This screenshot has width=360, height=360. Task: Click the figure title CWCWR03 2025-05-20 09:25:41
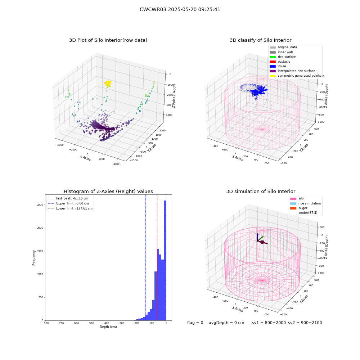coord(180,10)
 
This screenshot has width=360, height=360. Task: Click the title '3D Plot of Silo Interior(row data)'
coord(108,40)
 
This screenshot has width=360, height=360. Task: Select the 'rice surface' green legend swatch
coord(273,57)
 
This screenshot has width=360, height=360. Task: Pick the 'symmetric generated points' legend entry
coord(295,76)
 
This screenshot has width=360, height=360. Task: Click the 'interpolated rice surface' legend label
coord(296,71)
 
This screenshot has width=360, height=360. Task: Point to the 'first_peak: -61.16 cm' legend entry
coord(68,198)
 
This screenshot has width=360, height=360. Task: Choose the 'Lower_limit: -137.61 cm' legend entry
coord(70,208)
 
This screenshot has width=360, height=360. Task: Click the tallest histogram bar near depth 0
coord(165,260)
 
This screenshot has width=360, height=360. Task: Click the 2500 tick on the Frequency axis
coord(40,204)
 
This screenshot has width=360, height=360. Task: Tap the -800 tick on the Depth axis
coord(45,323)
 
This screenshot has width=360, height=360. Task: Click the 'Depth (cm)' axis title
coord(108,327)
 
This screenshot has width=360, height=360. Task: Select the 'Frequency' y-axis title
coord(34,258)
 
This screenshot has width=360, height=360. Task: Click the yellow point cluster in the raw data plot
coord(108,84)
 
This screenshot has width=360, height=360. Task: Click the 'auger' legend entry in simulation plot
coord(299,208)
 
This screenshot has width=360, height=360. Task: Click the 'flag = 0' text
coord(195,323)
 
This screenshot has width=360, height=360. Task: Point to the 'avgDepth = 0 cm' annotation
coord(226,323)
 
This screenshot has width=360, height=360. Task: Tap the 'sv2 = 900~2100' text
coord(305,323)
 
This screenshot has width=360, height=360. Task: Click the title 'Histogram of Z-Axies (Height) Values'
coord(108,192)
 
